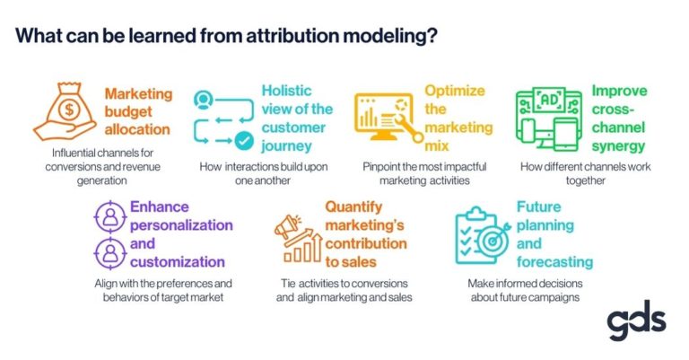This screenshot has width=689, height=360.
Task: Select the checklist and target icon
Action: click(x=482, y=235)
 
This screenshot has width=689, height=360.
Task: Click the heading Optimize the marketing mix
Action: click(x=455, y=110)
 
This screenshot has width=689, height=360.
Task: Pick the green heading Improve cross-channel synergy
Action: click(x=619, y=119)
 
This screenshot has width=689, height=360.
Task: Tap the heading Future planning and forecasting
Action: click(x=554, y=234)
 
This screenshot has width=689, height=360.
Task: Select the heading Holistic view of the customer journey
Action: click(x=295, y=118)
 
